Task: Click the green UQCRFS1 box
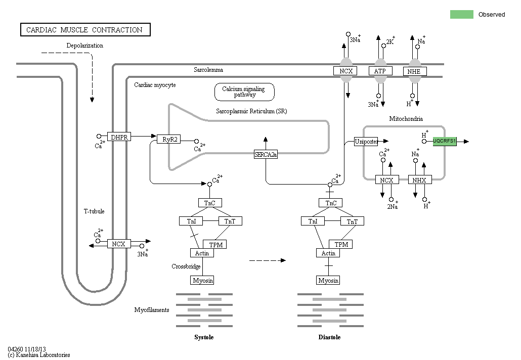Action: [x=445, y=142]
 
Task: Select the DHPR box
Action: [x=119, y=137]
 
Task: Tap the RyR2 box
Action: [x=168, y=139]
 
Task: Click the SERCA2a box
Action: [x=266, y=154]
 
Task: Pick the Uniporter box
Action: [x=366, y=142]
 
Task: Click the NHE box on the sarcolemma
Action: [x=414, y=71]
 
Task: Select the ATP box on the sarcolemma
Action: [x=380, y=71]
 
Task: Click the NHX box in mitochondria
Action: [x=419, y=180]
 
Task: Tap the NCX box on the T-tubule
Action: [x=118, y=244]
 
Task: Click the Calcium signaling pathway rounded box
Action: [x=245, y=92]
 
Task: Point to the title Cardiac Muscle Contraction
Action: [x=84, y=30]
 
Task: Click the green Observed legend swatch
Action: [x=461, y=14]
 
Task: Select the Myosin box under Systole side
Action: [x=202, y=280]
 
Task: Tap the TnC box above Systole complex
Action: [x=209, y=203]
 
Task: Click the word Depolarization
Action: [x=85, y=46]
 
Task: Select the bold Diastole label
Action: [x=329, y=337]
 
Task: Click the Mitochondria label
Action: [x=406, y=119]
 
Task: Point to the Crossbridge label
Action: [x=186, y=266]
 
